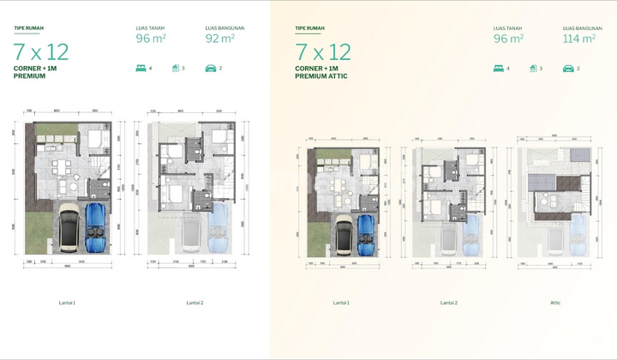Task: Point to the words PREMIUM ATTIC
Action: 317,76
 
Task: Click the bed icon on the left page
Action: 141,68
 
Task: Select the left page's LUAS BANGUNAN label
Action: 225,27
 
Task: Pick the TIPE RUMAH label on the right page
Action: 310,27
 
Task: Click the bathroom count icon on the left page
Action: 175,68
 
